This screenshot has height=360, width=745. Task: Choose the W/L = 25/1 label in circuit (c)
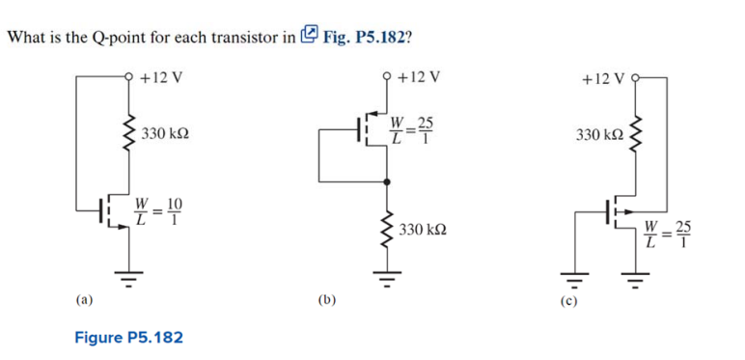670,235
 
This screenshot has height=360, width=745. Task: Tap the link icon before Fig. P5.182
309,37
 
